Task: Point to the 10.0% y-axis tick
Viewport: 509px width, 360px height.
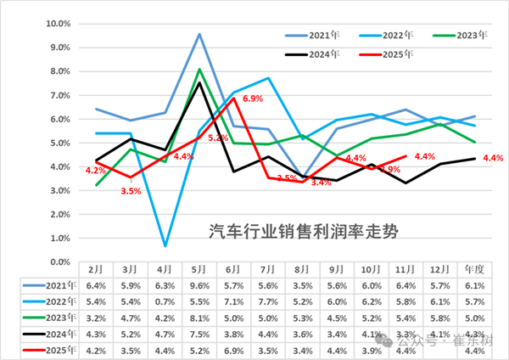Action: coord(56,24)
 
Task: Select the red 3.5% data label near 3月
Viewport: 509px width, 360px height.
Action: coord(131,191)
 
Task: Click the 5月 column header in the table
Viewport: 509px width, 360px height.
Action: coord(199,268)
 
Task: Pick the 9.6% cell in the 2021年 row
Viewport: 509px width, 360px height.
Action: coord(199,285)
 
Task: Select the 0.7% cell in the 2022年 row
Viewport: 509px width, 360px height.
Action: coord(165,301)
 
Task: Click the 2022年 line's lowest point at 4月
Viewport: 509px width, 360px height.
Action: coord(165,246)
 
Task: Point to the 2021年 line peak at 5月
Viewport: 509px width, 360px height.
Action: coord(199,34)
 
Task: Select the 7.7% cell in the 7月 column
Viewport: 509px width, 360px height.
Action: coord(269,301)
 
